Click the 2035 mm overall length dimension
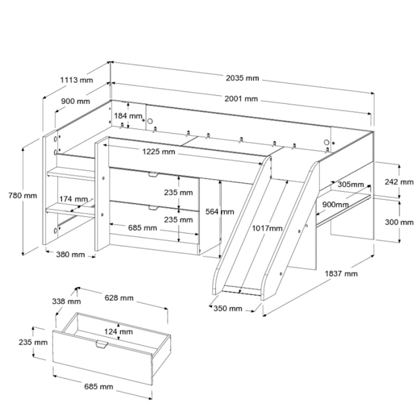coord(242,78)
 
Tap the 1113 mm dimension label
coord(77,80)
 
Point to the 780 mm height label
coord(23,195)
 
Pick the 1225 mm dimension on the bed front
coord(158,152)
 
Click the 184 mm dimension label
coord(128,116)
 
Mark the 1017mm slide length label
coord(267,228)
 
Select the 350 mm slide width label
coord(228,308)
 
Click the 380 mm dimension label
coord(70,255)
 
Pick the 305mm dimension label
coord(349,184)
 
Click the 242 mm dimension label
coord(398,182)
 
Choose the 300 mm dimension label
coord(398,222)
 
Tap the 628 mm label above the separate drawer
coord(118,298)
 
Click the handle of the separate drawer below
coord(100,344)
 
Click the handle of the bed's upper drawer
coord(153,175)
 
